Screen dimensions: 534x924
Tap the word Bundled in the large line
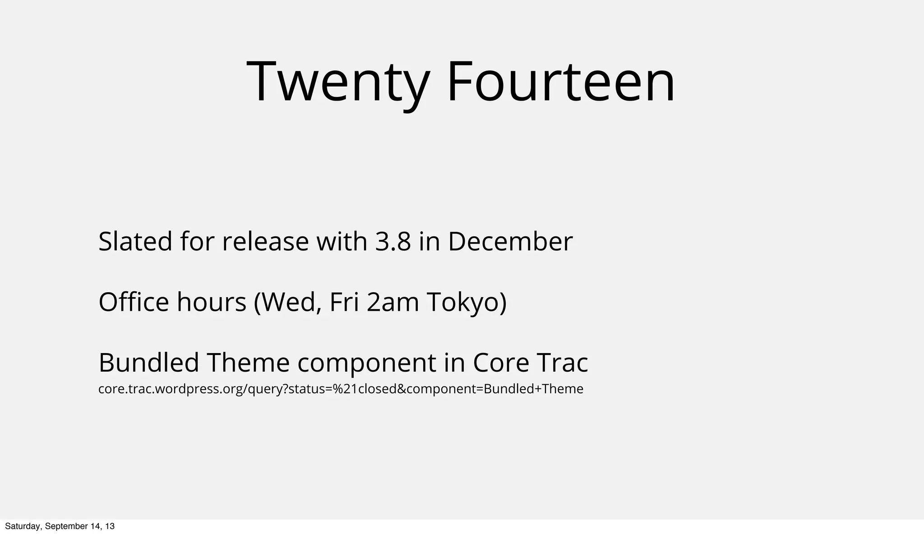tap(149, 363)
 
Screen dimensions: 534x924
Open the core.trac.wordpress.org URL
tap(341, 389)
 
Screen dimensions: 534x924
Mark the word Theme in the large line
tap(248, 363)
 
